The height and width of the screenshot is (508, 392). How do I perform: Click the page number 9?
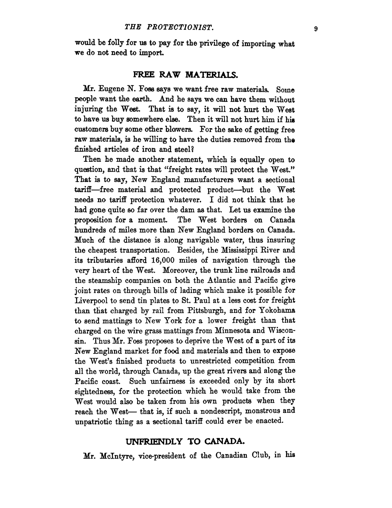pos(316,29)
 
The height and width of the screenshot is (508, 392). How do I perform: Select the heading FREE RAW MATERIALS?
pos(186,75)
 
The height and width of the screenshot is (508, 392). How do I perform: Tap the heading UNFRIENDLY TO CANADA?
pos(186,441)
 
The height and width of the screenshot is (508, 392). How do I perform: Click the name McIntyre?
pos(116,456)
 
